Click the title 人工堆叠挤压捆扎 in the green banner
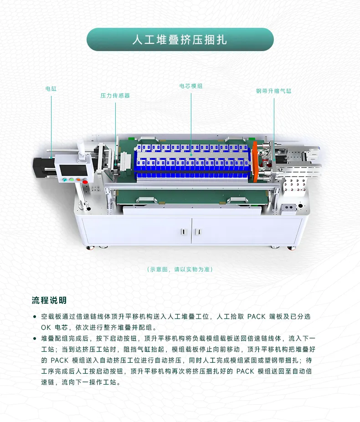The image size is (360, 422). [180, 40]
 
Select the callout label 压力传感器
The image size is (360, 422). [115, 96]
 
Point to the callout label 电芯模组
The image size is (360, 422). [191, 86]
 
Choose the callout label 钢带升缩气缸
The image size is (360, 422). [273, 91]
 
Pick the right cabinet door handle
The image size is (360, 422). [199, 232]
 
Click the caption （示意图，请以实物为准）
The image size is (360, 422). [180, 270]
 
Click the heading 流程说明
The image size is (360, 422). [49, 300]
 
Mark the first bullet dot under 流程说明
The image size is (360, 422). [35, 316]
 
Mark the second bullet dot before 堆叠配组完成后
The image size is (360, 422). [35, 339]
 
